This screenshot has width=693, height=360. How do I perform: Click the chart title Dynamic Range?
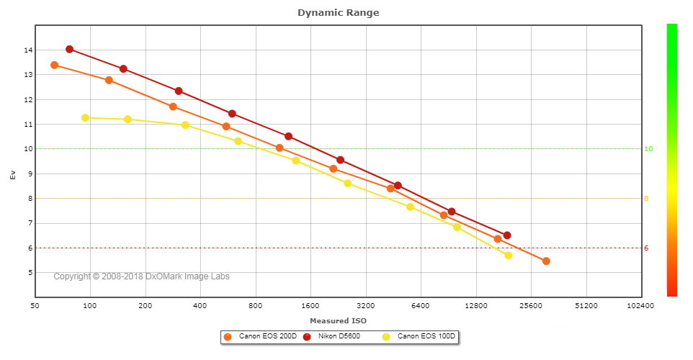pos(338,12)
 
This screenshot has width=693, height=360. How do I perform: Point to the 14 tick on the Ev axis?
pos(27,50)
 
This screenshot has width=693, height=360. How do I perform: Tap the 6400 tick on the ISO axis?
pos(421,306)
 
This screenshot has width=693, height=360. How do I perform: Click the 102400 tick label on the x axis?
pos(640,306)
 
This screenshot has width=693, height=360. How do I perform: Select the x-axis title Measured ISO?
pos(337,320)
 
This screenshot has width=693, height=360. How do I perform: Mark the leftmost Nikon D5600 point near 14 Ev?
pos(69,49)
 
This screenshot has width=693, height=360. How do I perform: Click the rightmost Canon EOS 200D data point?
pos(546,261)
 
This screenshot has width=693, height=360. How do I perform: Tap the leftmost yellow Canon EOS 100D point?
pos(85,117)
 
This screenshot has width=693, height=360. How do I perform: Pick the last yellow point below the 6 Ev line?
pos(508,255)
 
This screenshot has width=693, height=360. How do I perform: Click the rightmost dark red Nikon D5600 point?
pos(507,235)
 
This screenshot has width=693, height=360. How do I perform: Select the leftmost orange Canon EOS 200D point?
pos(54,65)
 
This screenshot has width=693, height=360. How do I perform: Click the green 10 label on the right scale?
pos(648,149)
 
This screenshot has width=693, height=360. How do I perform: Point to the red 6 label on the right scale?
pos(646,248)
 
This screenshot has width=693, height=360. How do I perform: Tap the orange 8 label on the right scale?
pos(646,199)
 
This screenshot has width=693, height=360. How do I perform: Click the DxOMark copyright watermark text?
pos(141,276)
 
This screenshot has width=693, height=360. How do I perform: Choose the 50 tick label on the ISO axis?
pos(35,306)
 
